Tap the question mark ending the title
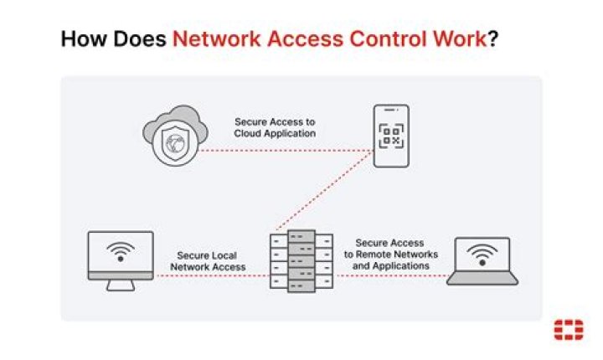(x=494, y=39)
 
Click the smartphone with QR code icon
(x=391, y=136)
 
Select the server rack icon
(x=301, y=260)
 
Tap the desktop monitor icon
(x=121, y=259)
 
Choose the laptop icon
(x=482, y=260)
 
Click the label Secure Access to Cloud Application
(x=275, y=126)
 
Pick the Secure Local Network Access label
(x=208, y=261)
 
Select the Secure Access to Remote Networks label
(x=390, y=255)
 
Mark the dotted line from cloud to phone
(x=285, y=152)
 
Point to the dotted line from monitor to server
(x=209, y=275)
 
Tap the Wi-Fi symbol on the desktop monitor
(x=121, y=252)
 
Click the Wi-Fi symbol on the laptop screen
(x=482, y=254)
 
